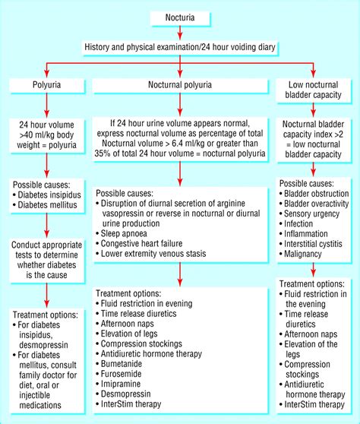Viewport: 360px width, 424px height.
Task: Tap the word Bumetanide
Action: point(128,365)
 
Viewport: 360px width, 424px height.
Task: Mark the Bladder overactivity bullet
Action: point(320,207)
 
